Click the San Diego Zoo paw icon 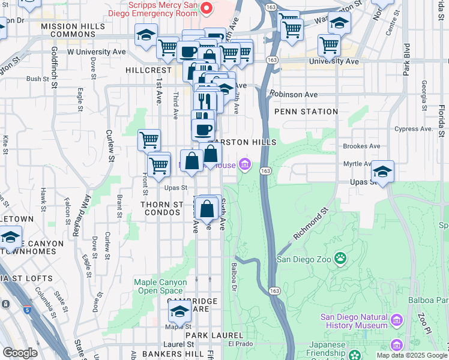point(340,259)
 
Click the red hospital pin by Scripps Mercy point(206,8)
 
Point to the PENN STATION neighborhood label point(306,112)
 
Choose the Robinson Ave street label point(294,94)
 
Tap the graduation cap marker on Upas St point(382,172)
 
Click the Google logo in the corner point(20,353)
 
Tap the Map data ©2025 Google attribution point(412,355)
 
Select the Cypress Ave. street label point(414,128)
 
